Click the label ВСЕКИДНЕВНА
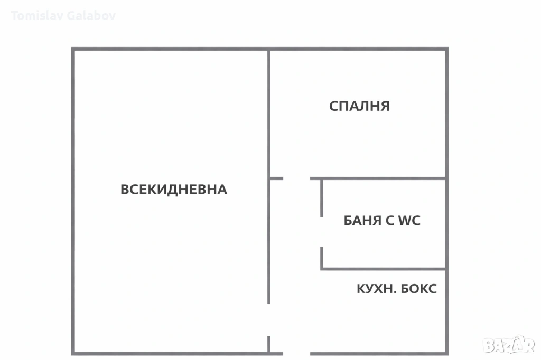[173, 190]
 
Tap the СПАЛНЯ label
[359, 106]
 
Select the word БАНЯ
[362, 220]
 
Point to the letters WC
[409, 220]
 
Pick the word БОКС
[418, 289]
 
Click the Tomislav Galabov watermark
[63, 16]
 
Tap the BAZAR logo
[509, 344]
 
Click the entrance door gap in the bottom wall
[297, 354]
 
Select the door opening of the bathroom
[322, 232]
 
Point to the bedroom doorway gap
[297, 178]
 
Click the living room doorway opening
[269, 320]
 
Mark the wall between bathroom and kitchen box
[383, 269]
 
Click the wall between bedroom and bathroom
[378, 178]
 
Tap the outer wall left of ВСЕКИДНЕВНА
[73, 201]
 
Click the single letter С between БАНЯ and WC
[389, 220]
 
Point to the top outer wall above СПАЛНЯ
[358, 49]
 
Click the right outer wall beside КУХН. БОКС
[447, 312]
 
